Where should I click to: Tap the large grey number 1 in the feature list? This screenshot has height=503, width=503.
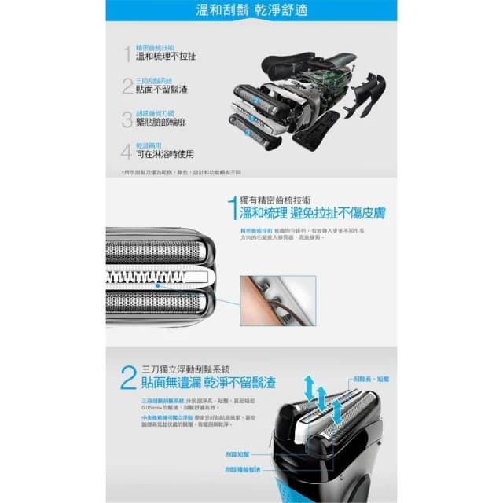click(127, 53)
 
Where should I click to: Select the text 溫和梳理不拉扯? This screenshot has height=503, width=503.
click(166, 57)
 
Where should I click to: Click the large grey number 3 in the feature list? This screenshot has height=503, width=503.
click(127, 119)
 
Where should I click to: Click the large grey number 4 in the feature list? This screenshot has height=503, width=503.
click(127, 151)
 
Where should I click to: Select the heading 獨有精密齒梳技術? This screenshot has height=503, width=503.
click(283, 200)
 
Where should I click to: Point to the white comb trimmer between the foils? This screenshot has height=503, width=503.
click(157, 277)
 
